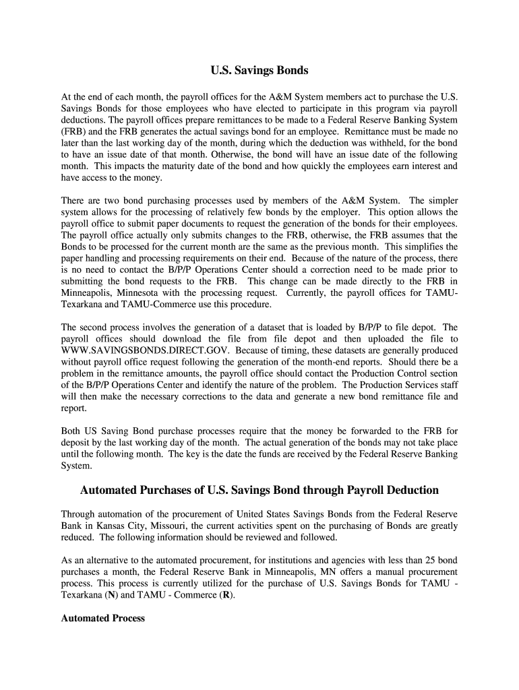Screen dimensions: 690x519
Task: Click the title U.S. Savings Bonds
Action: [x=259, y=70]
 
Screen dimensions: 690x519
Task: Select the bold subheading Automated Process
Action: [x=102, y=617]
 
